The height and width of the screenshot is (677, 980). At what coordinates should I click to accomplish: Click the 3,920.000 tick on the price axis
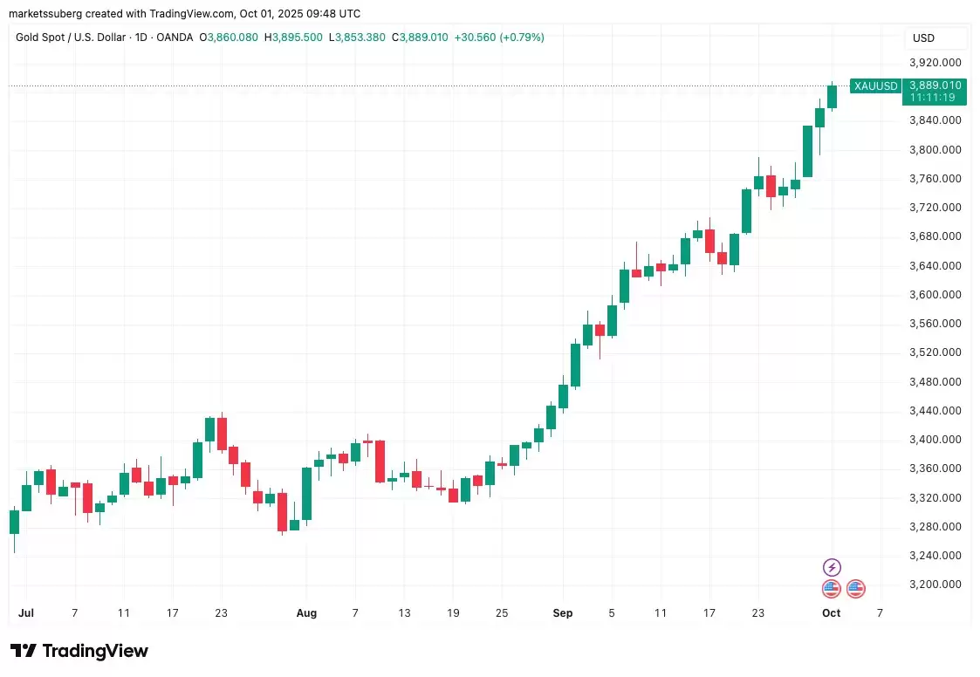935,63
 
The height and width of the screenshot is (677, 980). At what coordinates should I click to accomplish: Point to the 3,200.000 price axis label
935,585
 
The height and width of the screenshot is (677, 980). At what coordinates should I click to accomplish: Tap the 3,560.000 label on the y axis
935,324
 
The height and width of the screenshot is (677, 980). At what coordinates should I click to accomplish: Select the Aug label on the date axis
306,613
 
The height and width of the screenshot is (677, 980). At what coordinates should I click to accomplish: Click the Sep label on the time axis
563,613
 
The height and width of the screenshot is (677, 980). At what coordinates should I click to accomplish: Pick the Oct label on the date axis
831,613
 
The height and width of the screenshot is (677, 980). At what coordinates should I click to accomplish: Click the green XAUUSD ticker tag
875,85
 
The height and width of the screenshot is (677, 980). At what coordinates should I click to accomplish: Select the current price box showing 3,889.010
935,91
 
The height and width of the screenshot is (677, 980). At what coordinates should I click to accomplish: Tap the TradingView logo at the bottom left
79,651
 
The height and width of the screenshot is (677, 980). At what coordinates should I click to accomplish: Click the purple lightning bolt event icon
832,568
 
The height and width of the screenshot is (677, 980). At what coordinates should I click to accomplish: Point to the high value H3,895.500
293,38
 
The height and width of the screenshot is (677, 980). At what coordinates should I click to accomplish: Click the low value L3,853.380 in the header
357,38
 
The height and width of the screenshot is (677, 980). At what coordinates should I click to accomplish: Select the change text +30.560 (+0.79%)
499,38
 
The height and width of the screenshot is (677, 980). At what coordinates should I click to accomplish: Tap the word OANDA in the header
175,38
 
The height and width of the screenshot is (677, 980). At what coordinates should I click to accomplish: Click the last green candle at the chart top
833,96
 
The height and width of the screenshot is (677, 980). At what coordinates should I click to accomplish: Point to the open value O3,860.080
229,38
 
